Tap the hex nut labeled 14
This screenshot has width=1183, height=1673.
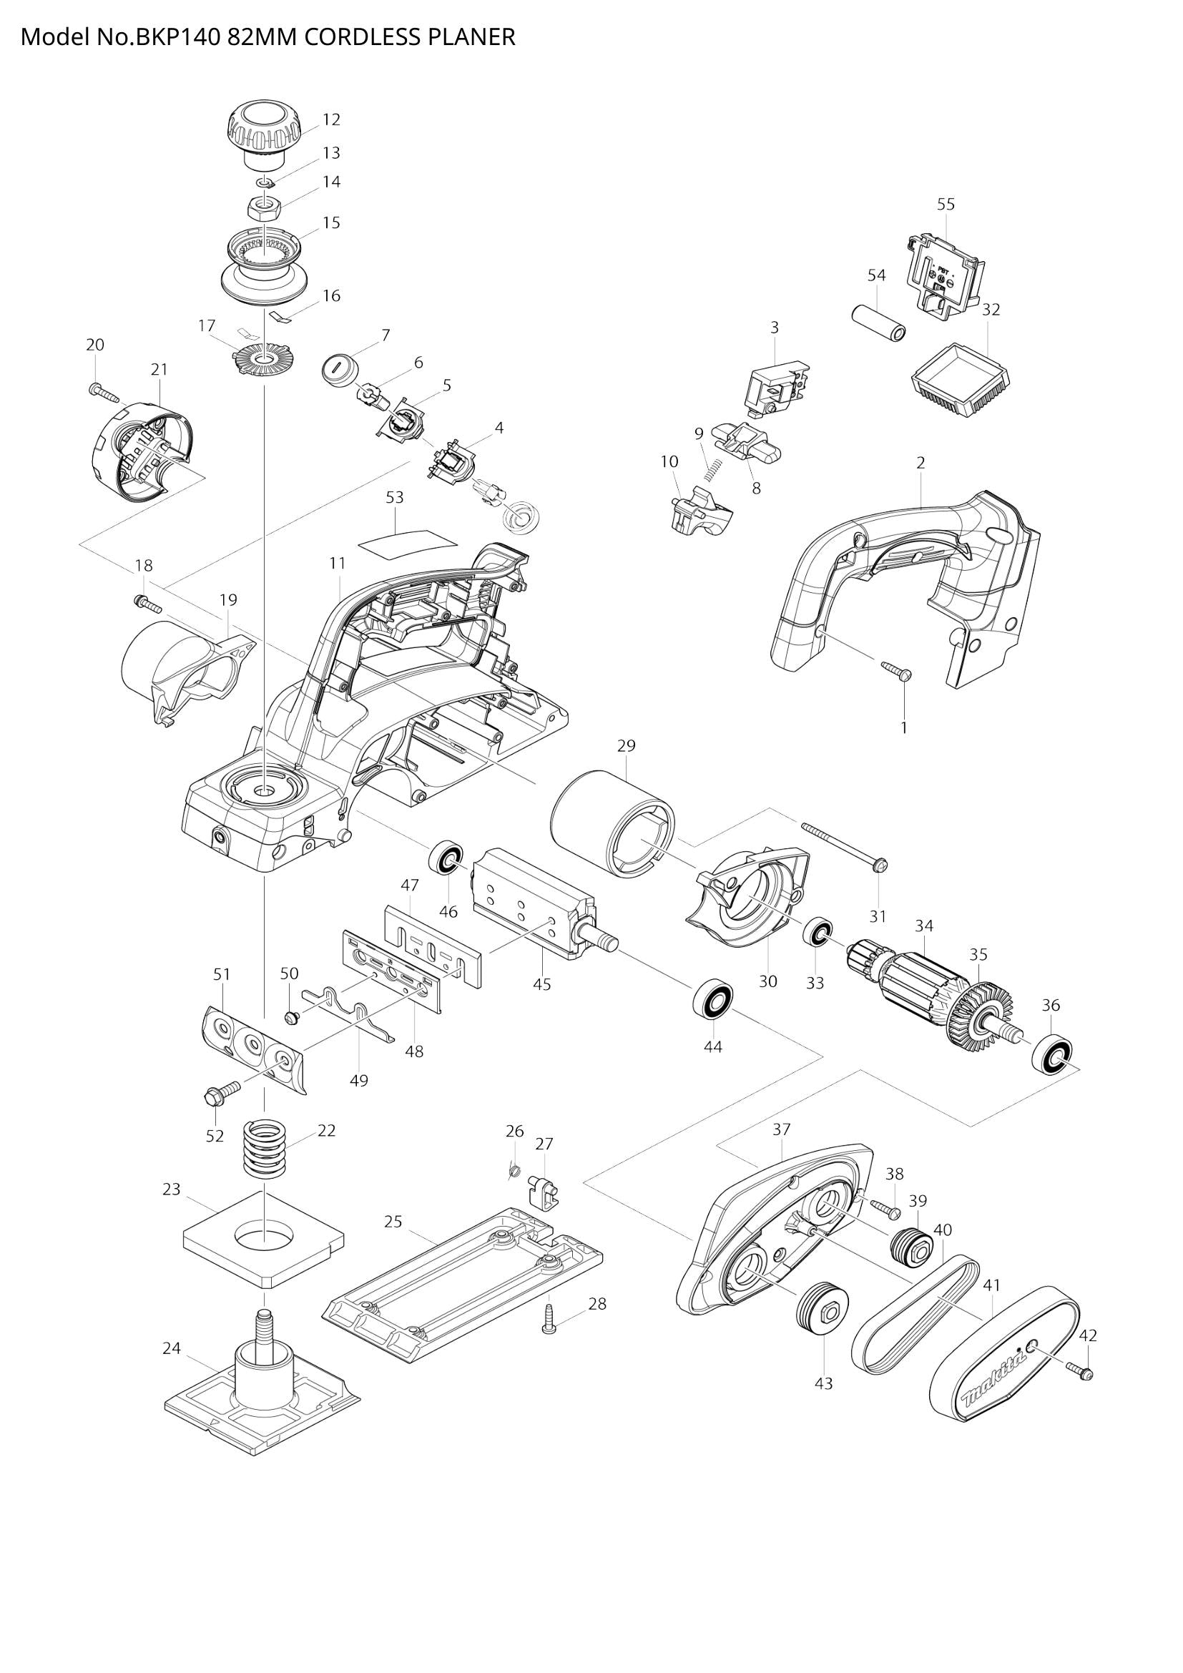point(267,209)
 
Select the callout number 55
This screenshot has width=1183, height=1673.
point(946,205)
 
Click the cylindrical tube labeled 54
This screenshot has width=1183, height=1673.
point(878,321)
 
